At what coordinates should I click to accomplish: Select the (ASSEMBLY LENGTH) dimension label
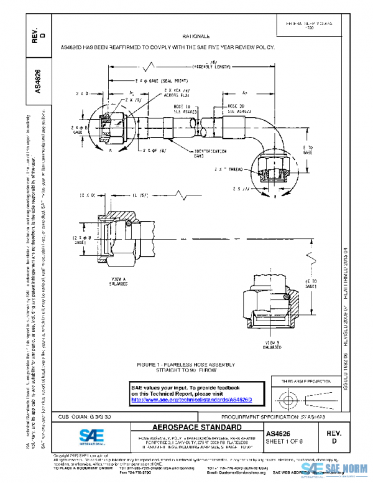[211, 66]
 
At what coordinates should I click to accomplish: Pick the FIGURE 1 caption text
[186, 365]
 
